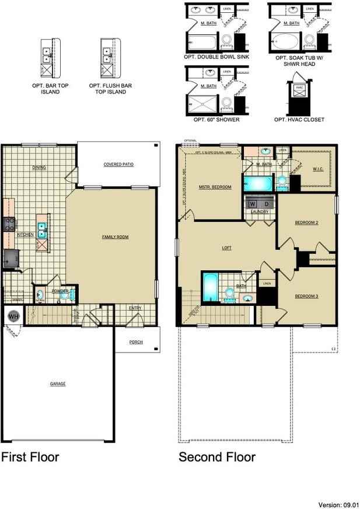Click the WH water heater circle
click(x=13, y=317)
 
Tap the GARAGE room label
click(x=58, y=384)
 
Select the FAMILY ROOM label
click(x=115, y=236)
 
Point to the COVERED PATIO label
click(x=118, y=165)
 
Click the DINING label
click(x=39, y=168)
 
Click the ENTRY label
click(x=135, y=308)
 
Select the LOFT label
click(x=227, y=247)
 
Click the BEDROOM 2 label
click(x=306, y=222)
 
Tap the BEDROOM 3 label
click(x=306, y=297)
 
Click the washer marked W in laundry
click(x=253, y=203)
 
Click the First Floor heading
click(x=30, y=456)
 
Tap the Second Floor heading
click(x=217, y=456)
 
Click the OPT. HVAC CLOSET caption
click(x=299, y=120)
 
